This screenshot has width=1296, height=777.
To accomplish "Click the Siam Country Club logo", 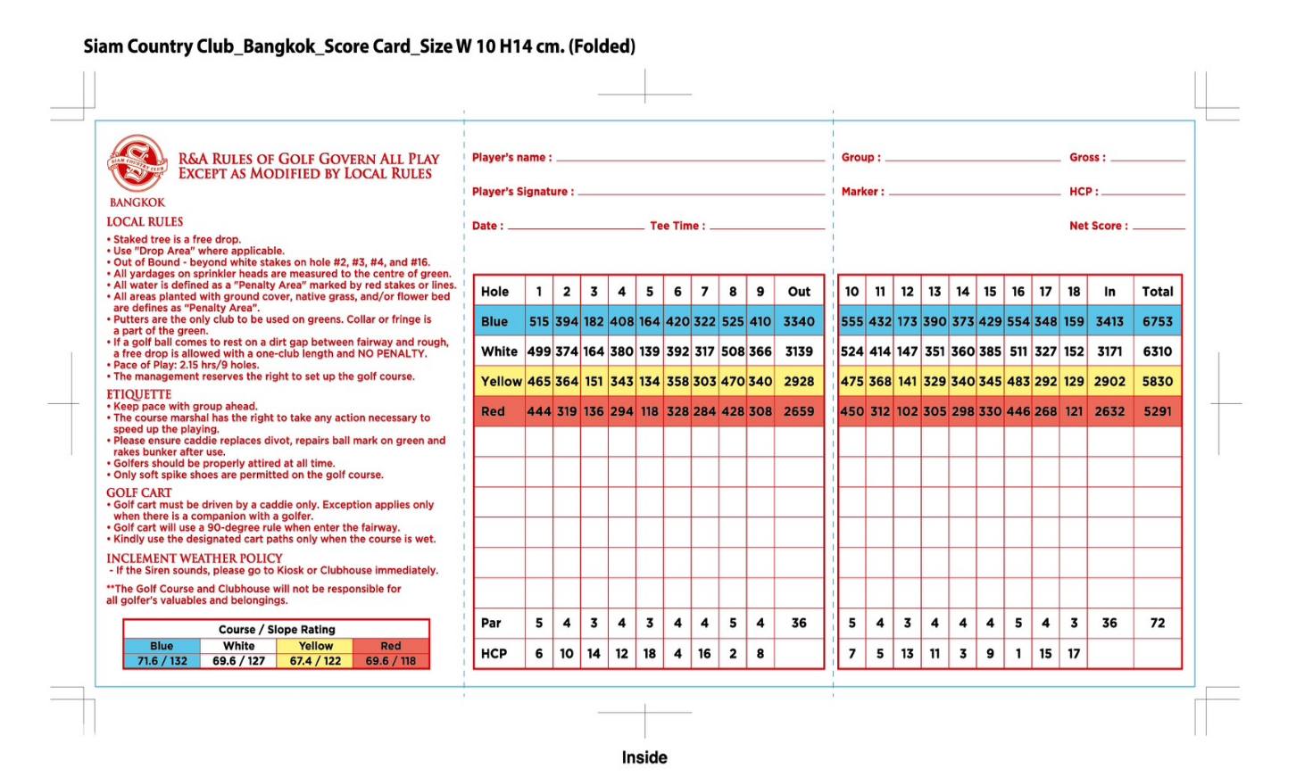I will click(x=137, y=163).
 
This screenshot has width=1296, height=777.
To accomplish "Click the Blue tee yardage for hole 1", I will click(x=538, y=321).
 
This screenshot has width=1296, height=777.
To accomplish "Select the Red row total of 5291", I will click(x=1157, y=411).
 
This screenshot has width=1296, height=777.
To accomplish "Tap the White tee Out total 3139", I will click(x=799, y=351).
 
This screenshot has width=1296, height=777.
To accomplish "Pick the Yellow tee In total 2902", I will click(x=1109, y=381).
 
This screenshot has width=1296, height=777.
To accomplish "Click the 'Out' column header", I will click(x=799, y=292).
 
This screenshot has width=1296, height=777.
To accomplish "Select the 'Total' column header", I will click(x=1157, y=292).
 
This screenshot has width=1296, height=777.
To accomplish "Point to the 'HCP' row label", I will click(x=494, y=653).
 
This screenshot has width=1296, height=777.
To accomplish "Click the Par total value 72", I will click(x=1157, y=623).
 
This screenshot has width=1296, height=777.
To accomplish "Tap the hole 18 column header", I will click(x=1074, y=292).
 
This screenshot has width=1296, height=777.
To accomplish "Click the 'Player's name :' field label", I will click(x=511, y=158).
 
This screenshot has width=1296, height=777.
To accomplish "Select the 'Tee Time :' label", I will click(x=677, y=227).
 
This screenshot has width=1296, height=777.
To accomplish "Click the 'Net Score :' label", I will click(x=1098, y=227).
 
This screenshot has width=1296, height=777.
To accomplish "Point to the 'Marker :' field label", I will click(x=862, y=192).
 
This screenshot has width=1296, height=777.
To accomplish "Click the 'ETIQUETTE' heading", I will click(x=138, y=394).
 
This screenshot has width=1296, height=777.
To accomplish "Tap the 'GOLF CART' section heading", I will click(x=138, y=492).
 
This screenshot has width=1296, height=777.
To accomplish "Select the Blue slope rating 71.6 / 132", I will click(x=162, y=661).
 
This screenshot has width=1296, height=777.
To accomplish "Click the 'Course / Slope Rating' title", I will click(x=277, y=629).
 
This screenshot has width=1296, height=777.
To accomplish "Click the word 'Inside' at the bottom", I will click(x=644, y=757).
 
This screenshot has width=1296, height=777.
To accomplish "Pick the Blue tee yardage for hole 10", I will click(x=852, y=321).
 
